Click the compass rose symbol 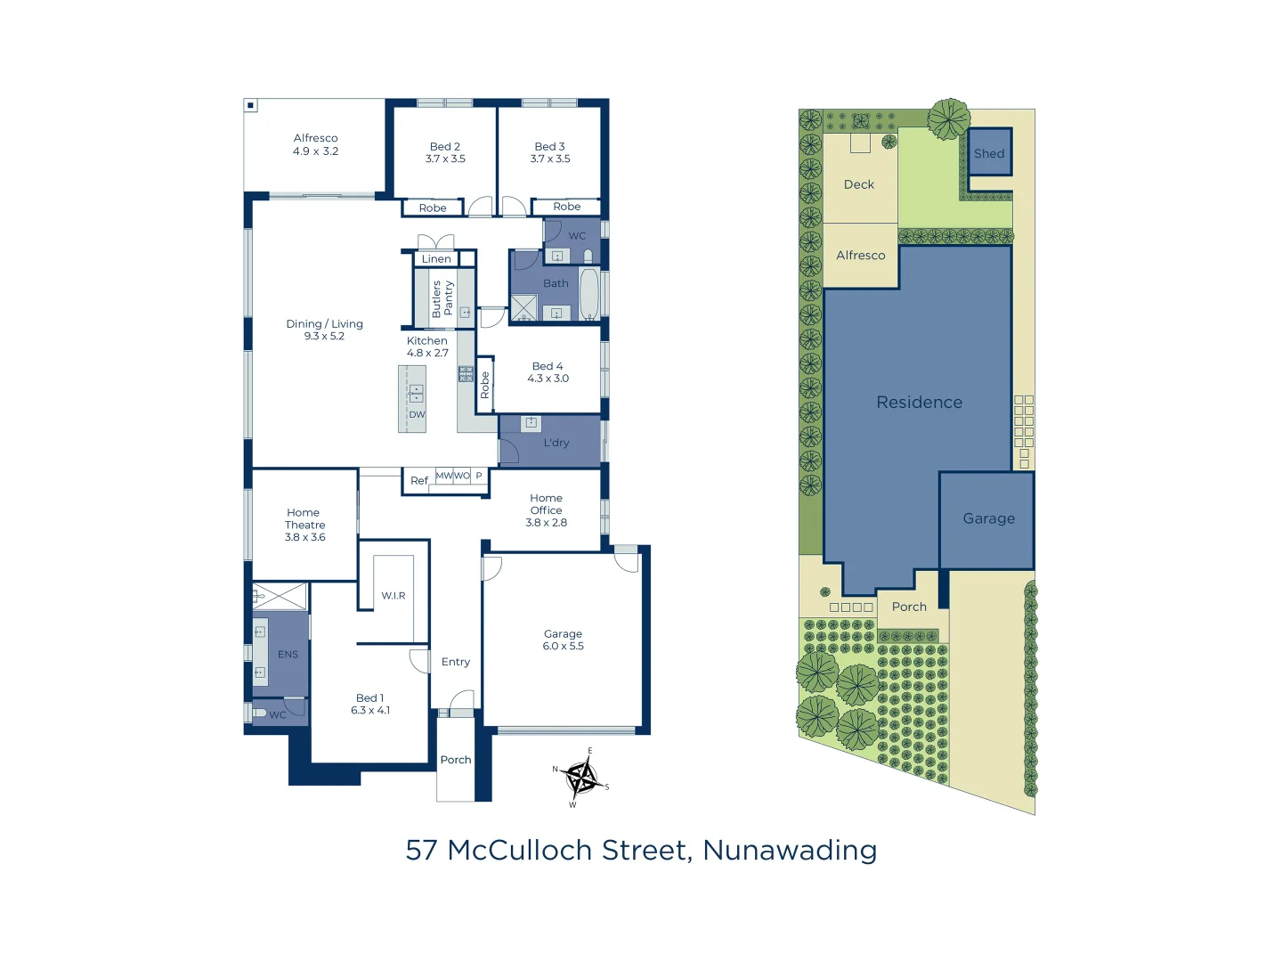point(581,778)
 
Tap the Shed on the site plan point(988,153)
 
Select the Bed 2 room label point(444,146)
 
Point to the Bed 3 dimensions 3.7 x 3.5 point(549,159)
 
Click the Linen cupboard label point(436,259)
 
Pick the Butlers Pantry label point(442,298)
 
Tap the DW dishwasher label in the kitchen point(417,415)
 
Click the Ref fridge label point(418,481)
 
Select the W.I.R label point(394,596)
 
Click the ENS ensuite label point(288,655)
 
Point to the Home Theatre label point(304,525)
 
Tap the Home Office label point(546,504)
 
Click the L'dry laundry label point(556,443)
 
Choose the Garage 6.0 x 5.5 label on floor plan point(563,640)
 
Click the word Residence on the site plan point(919,403)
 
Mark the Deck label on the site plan point(858,184)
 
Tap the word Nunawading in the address point(790,851)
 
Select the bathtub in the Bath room point(589,293)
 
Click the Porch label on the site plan point(909,607)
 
